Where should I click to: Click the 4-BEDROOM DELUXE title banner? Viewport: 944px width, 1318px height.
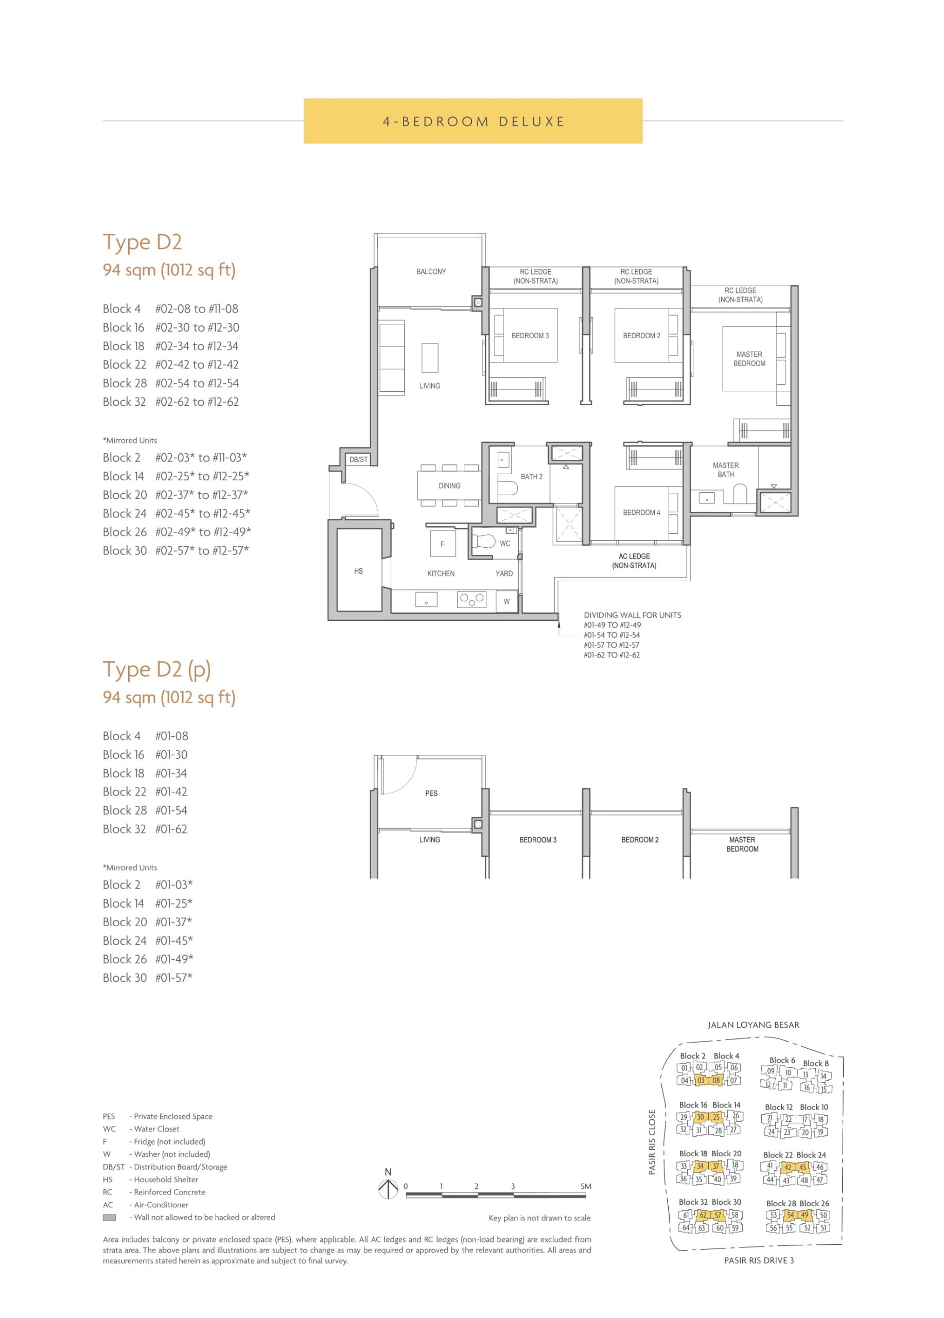[473, 121]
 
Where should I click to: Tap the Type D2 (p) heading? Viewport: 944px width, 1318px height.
[157, 670]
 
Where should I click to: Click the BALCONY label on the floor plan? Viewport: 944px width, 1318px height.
[431, 271]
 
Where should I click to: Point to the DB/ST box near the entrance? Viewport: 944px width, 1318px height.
[358, 460]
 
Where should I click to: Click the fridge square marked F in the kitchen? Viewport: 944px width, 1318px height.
[442, 544]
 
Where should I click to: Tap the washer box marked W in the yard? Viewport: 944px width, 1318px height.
[506, 601]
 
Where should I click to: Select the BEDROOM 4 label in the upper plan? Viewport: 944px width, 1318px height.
[641, 513]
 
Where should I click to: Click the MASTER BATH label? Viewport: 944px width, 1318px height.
[726, 470]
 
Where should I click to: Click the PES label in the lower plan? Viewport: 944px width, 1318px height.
[431, 793]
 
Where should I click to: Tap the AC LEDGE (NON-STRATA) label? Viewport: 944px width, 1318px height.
[634, 561]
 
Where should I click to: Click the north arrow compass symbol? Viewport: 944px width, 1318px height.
[388, 1190]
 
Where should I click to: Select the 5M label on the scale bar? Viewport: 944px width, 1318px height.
[586, 1186]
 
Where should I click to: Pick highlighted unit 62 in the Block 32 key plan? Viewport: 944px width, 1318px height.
[703, 1215]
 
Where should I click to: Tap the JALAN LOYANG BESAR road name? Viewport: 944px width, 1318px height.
[754, 1025]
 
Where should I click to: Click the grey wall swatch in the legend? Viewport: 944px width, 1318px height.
[109, 1218]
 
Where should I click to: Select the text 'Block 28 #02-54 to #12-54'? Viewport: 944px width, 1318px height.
[171, 384]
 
